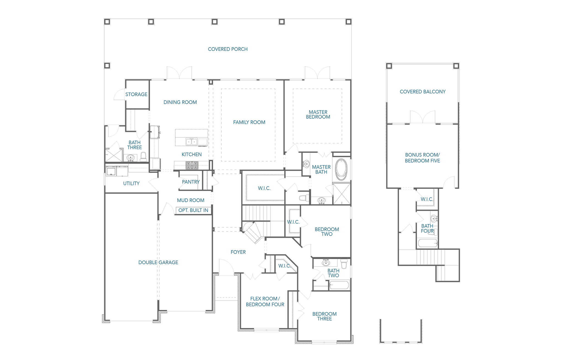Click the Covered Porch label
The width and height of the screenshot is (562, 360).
[x=227, y=49]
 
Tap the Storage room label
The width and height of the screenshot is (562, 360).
[x=136, y=94]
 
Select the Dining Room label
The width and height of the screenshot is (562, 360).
[x=180, y=102]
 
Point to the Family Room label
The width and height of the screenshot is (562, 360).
[x=249, y=122]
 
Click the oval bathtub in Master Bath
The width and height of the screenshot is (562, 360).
[x=341, y=169]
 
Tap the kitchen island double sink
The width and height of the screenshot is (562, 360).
[x=192, y=142]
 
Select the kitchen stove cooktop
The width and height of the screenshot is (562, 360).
[x=192, y=165]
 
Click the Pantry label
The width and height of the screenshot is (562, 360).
[x=191, y=182]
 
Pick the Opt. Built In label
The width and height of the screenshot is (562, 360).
[x=193, y=210]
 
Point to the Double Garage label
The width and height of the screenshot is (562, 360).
[x=158, y=263]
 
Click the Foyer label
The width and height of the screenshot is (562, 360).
[x=238, y=252]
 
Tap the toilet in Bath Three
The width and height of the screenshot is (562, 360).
[x=143, y=157]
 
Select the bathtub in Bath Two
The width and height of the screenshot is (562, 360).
[x=339, y=285]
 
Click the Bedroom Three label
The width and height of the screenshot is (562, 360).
[x=324, y=316]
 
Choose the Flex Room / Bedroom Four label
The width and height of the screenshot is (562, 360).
[x=265, y=302]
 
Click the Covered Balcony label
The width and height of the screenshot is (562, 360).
[x=423, y=92]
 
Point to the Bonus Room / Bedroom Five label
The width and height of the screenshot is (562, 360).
[x=422, y=158]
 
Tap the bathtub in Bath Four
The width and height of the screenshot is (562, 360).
[x=427, y=243]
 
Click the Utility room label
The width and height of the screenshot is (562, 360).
[x=131, y=183]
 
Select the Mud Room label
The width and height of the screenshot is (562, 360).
[x=190, y=200]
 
